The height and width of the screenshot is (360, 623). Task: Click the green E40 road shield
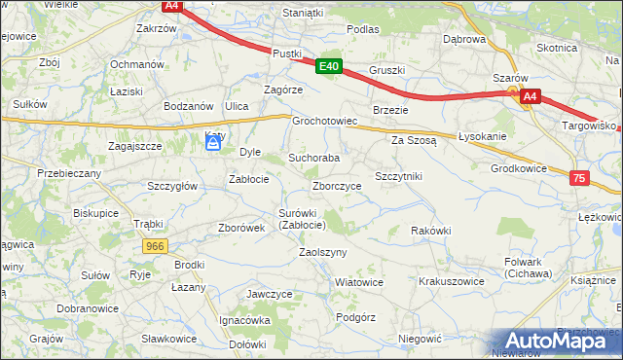(329, 67)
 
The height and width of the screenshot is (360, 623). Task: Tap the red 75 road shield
(579, 178)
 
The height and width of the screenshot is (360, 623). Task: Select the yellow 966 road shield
(154, 247)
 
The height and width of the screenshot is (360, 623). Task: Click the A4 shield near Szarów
(529, 96)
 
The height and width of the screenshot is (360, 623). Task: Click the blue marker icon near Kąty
(213, 144)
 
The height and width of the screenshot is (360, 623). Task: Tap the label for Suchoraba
(313, 158)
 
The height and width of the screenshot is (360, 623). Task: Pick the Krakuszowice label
(451, 281)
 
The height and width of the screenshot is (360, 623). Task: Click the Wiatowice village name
(358, 282)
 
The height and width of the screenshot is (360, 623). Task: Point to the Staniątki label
(302, 13)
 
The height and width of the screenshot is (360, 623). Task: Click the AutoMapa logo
(556, 339)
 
